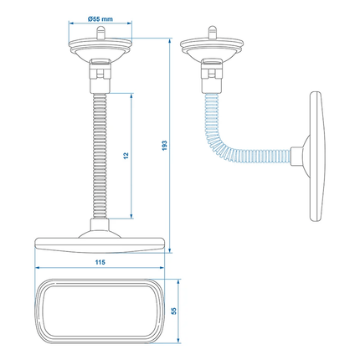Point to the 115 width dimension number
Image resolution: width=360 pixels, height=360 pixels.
pos(100,263)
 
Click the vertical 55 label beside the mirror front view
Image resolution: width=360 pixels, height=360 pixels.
pos(174,310)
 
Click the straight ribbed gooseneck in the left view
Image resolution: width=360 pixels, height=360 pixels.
pos(100,159)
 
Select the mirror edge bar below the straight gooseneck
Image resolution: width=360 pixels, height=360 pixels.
pos(100,244)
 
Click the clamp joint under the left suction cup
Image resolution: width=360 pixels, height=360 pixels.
pos(100,78)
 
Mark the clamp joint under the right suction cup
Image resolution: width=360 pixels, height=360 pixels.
pos(212,78)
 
